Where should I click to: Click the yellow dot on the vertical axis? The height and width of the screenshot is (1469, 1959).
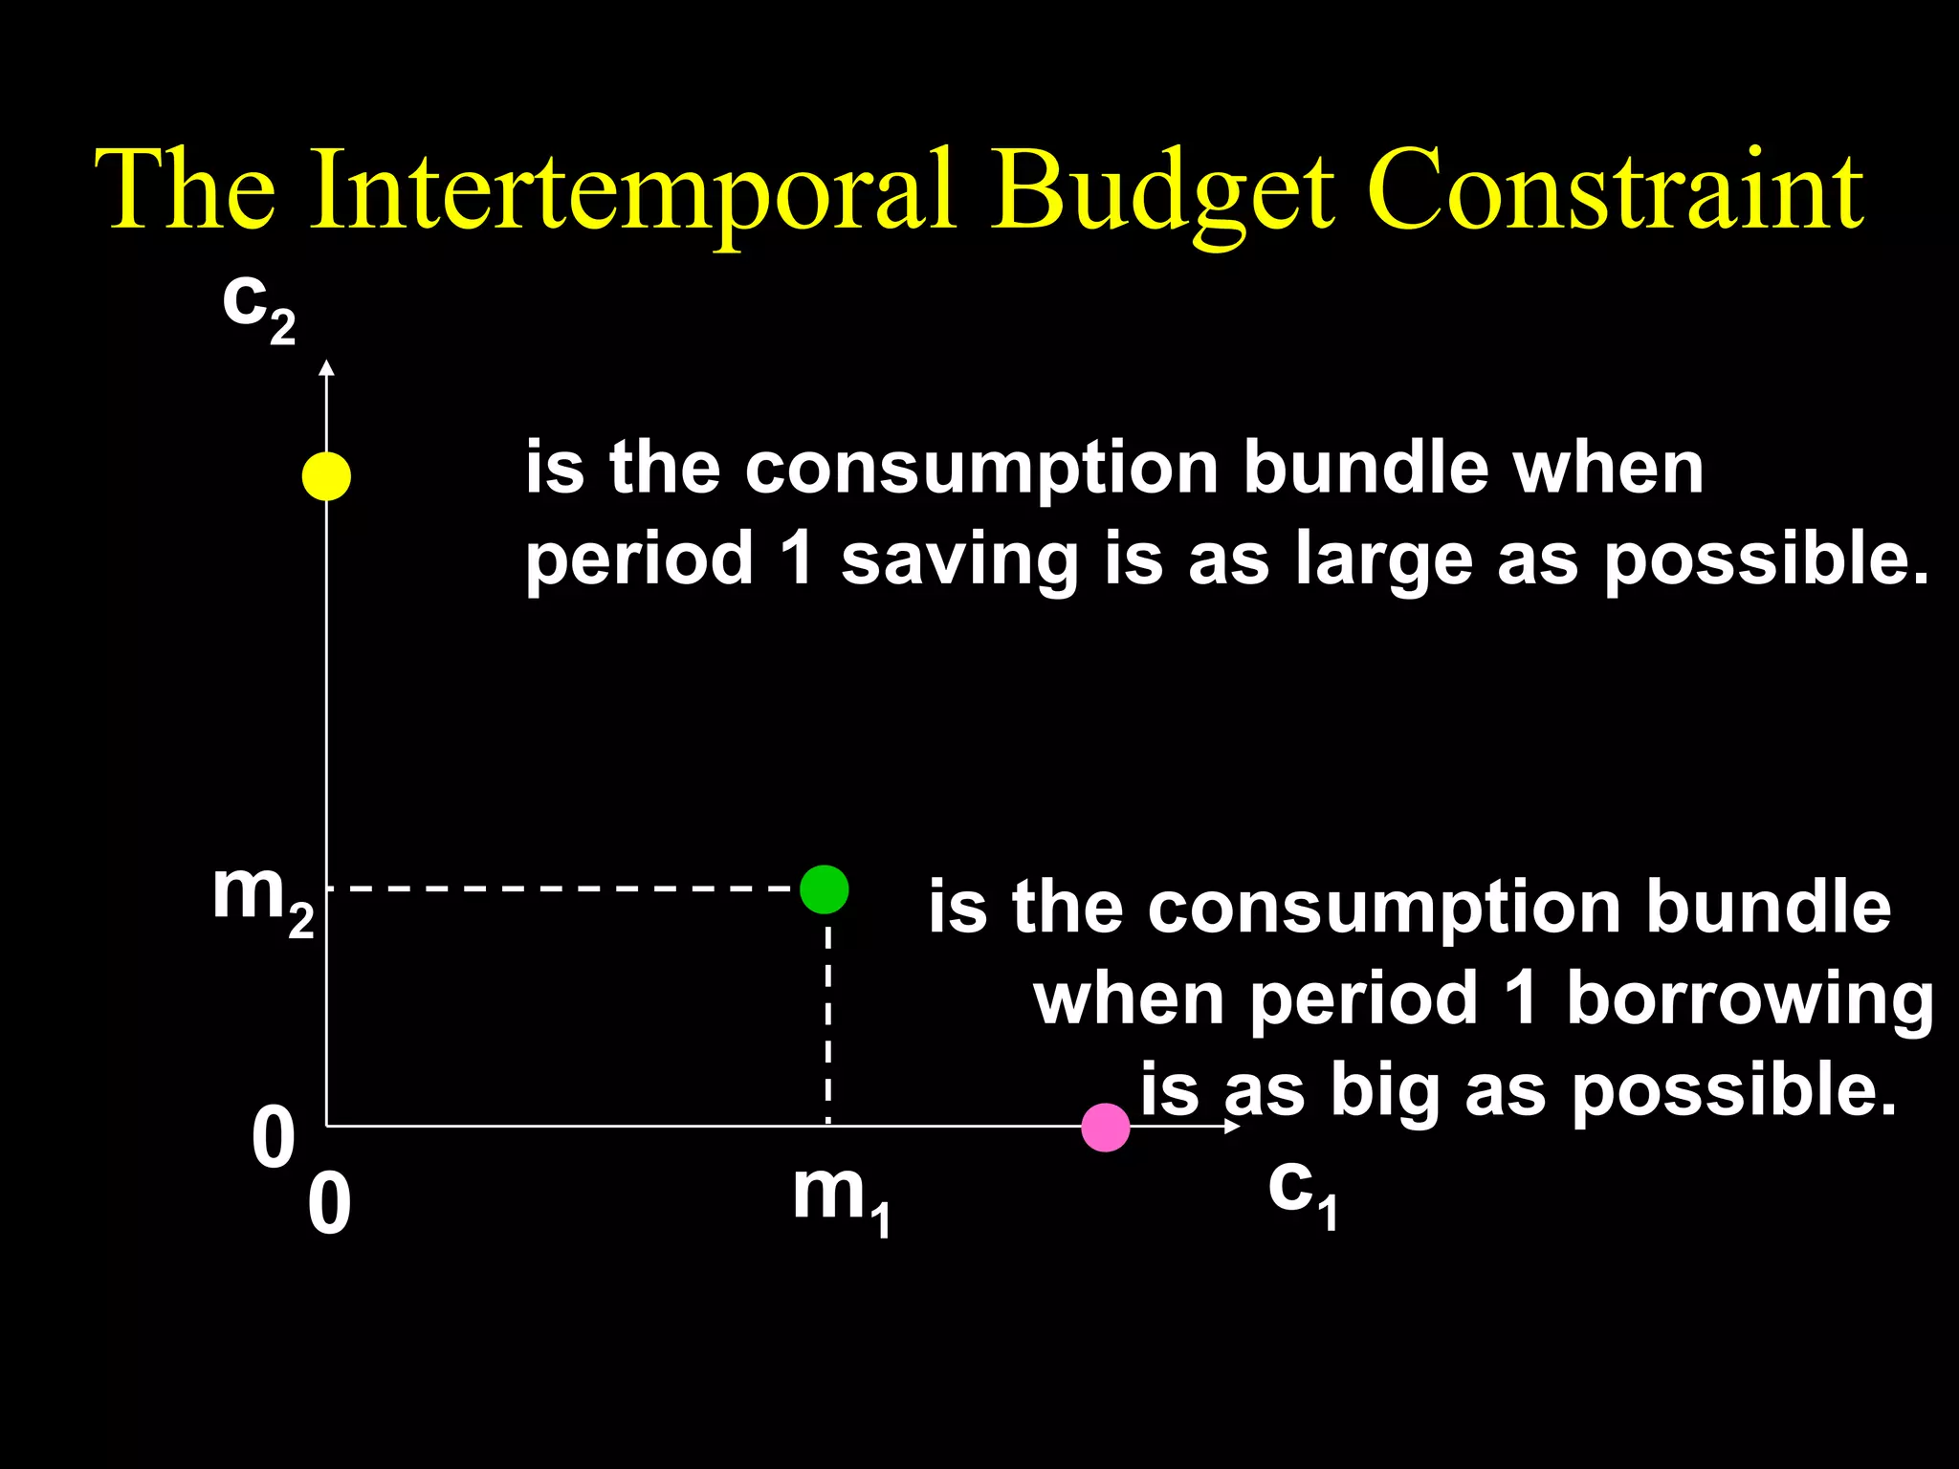pyautogui.click(x=326, y=475)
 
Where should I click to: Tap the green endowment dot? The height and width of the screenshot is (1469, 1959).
pyautogui.click(x=824, y=889)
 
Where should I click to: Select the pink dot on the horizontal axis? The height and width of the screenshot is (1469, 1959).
pyautogui.click(x=1106, y=1128)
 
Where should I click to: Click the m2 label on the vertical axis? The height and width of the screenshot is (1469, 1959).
pyautogui.click(x=262, y=899)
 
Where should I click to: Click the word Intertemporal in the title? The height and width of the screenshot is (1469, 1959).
pyautogui.click(x=631, y=191)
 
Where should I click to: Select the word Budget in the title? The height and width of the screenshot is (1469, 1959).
pyautogui.click(x=1161, y=191)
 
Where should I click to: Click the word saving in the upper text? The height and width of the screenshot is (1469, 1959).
pyautogui.click(x=958, y=561)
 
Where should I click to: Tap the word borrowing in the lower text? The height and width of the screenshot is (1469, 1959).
pyautogui.click(x=1750, y=999)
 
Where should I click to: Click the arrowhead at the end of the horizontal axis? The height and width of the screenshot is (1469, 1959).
pyautogui.click(x=1232, y=1127)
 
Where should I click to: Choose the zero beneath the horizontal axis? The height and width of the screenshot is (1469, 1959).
pyautogui.click(x=329, y=1206)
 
